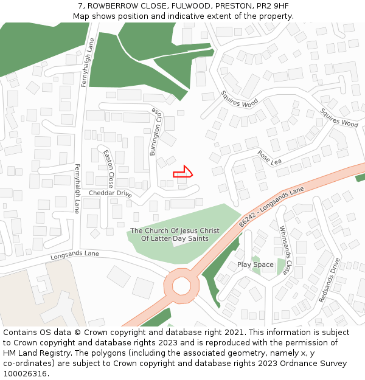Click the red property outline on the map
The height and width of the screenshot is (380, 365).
(x=183, y=172)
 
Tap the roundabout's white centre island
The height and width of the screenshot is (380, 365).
(x=181, y=285)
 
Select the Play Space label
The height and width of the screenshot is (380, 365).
(x=255, y=264)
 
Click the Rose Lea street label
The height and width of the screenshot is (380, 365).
(x=270, y=158)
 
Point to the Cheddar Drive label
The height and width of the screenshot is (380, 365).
(x=110, y=193)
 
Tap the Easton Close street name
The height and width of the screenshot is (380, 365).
(x=108, y=168)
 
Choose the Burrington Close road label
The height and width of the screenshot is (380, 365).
(x=156, y=132)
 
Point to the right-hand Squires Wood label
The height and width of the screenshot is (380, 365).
(x=339, y=117)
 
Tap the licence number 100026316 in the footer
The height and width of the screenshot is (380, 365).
(x=25, y=373)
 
